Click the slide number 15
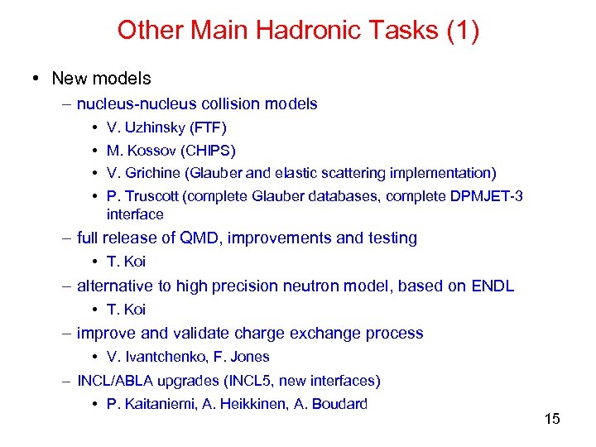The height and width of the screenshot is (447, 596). click(552, 419)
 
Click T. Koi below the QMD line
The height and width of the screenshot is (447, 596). click(126, 262)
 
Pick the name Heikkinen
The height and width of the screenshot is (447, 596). click(253, 405)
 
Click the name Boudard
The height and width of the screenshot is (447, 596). click(339, 405)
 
